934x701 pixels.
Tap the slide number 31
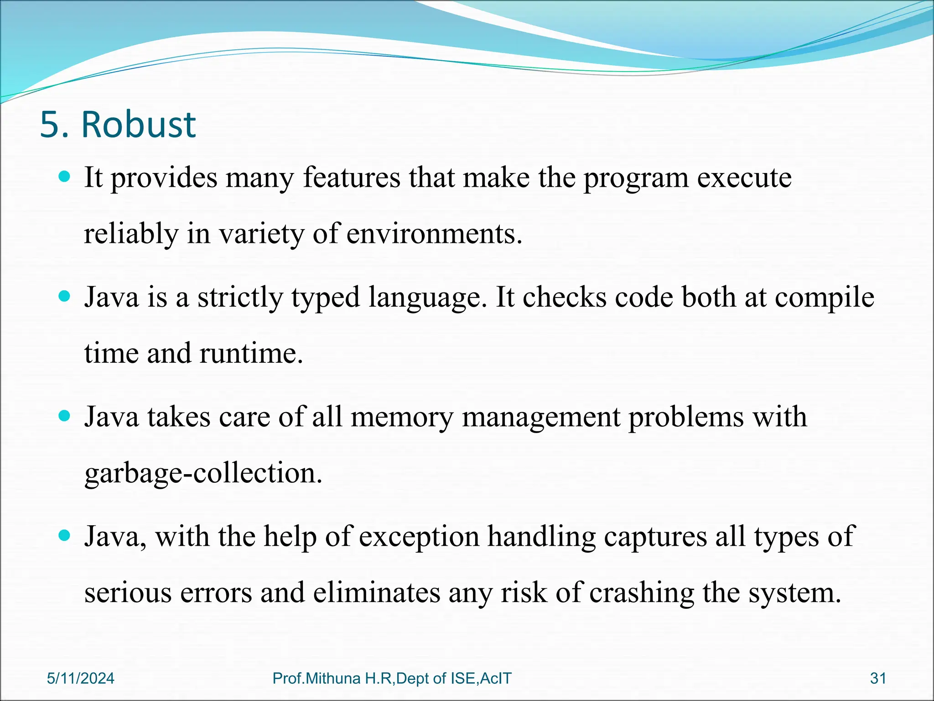[x=878, y=678]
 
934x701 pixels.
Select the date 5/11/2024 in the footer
[x=81, y=678]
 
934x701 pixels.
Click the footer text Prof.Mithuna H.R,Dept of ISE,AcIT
[x=392, y=678]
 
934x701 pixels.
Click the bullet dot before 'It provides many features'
[x=65, y=177]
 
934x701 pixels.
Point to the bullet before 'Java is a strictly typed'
[x=65, y=297]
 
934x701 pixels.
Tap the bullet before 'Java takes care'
[x=65, y=416]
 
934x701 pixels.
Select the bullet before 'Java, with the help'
[x=65, y=535]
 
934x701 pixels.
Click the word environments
[x=434, y=234]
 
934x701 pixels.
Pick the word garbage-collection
[x=203, y=473]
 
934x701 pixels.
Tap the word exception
[x=419, y=536]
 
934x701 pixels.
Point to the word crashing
[x=641, y=593]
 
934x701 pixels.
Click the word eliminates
[x=377, y=593]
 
